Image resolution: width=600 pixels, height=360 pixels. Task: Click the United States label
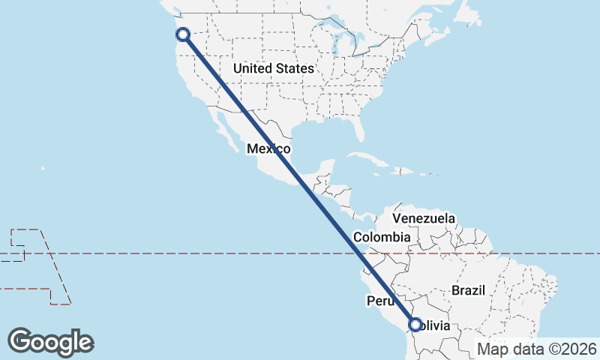coord(273,68)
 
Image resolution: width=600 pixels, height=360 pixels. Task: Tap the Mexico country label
coord(268,148)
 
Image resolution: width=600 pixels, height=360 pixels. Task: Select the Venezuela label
coord(424,218)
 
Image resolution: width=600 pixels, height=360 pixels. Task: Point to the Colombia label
coord(382,237)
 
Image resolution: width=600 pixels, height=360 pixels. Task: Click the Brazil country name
coord(469,290)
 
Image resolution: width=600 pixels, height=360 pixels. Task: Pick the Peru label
coord(380,301)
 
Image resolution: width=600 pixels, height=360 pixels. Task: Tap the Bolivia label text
coord(434,326)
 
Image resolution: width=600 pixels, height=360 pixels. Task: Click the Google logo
coord(50,342)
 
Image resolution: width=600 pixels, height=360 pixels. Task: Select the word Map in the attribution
coord(492,349)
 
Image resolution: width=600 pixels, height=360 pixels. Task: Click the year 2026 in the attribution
coord(577,349)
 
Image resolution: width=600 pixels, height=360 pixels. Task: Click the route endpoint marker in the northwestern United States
coord(182,34)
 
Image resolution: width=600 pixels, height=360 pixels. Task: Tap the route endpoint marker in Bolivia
coord(415,325)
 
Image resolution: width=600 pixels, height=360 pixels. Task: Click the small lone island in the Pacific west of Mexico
coord(43,168)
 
